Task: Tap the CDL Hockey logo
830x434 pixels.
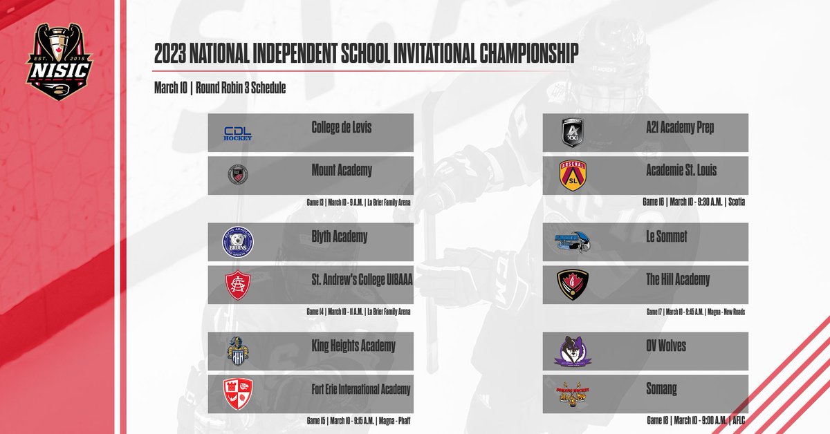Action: coord(237,133)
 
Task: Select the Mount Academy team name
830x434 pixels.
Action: coord(342,171)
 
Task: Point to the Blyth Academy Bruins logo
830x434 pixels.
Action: coord(237,242)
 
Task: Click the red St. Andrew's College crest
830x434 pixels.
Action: coord(237,285)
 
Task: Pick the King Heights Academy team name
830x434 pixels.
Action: coord(353,346)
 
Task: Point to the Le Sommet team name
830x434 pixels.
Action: coord(667,237)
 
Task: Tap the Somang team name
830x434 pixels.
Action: coord(662,389)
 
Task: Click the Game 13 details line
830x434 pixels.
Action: coord(358,203)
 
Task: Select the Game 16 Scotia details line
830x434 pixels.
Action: coord(693,203)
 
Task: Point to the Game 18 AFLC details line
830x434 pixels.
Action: coord(694,420)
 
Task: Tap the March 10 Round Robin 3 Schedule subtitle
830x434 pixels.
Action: coord(220,88)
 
